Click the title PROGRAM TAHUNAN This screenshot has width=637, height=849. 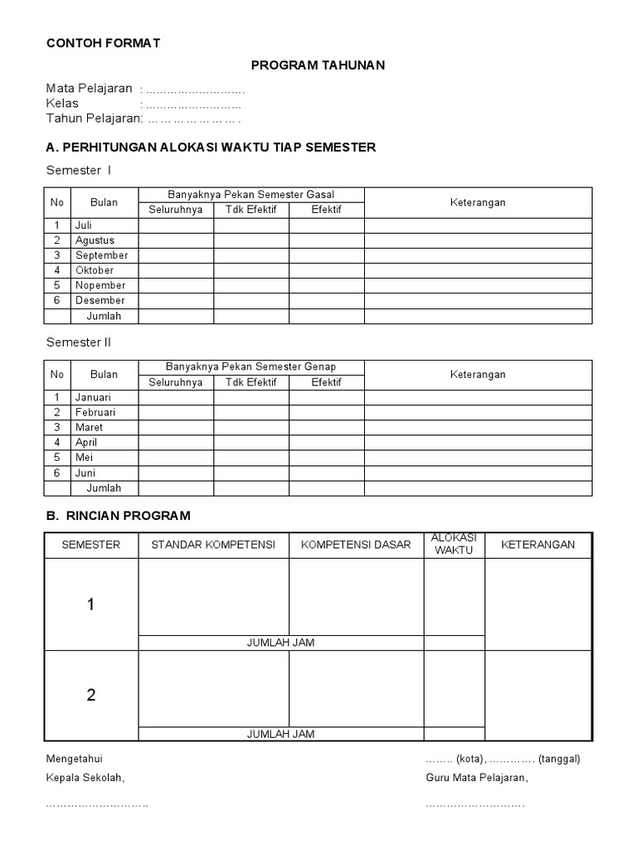click(x=318, y=65)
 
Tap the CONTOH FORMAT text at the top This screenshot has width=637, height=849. click(x=103, y=43)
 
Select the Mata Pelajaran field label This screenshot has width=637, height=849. click(x=90, y=89)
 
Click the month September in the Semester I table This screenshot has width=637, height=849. click(x=101, y=255)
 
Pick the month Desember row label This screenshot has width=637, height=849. click(x=100, y=300)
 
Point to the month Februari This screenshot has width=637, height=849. click(x=95, y=412)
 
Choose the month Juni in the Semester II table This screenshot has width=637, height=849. click(x=86, y=473)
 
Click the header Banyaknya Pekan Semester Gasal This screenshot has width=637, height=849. click(x=251, y=195)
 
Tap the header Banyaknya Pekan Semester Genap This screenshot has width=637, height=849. click(x=251, y=366)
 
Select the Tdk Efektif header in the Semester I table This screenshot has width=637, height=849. click(x=251, y=210)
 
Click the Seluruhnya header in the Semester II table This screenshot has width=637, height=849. click(x=176, y=382)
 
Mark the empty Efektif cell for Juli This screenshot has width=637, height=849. click(x=326, y=226)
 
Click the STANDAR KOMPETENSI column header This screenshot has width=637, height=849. click(x=213, y=545)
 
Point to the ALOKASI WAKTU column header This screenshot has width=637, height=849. click(x=455, y=544)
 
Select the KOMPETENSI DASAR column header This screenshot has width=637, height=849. click(x=356, y=545)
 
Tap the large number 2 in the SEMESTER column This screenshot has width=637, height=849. click(x=91, y=696)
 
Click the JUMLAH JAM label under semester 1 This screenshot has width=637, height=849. click(x=281, y=643)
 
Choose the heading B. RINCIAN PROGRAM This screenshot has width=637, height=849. click(x=118, y=516)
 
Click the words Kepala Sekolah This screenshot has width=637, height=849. click(x=85, y=778)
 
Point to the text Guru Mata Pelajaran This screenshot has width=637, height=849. click(x=477, y=778)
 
